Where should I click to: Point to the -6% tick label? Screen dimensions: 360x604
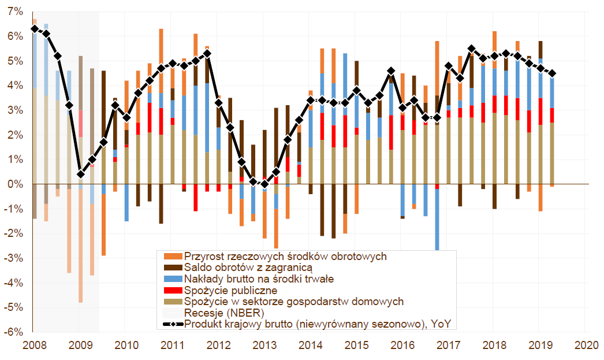[14, 332]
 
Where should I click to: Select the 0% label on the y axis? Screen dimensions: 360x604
[16, 184]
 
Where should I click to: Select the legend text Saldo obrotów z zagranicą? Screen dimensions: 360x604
[248, 268]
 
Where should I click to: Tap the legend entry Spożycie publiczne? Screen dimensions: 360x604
[230, 290]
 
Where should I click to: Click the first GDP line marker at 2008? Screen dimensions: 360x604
[35, 28]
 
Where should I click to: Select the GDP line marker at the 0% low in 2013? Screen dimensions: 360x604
[264, 184]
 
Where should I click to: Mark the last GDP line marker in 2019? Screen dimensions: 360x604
[552, 73]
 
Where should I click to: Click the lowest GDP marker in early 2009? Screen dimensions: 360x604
[81, 174]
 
